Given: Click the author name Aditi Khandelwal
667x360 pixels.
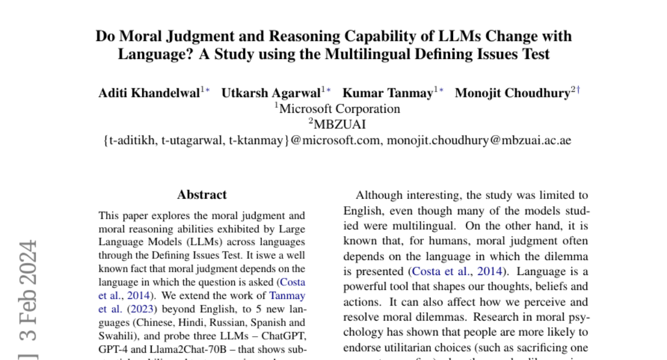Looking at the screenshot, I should pyautogui.click(x=150, y=93).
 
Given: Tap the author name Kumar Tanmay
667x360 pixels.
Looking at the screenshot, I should pyautogui.click(x=387, y=93).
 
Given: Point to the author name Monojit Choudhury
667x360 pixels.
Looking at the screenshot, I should pyautogui.click(x=512, y=93).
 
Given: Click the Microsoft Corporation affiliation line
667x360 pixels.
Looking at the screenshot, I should pyautogui.click(x=339, y=109).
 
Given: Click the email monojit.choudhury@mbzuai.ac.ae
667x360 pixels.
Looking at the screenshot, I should pyautogui.click(x=479, y=141).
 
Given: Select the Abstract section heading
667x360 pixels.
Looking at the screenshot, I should pyautogui.click(x=202, y=195).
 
